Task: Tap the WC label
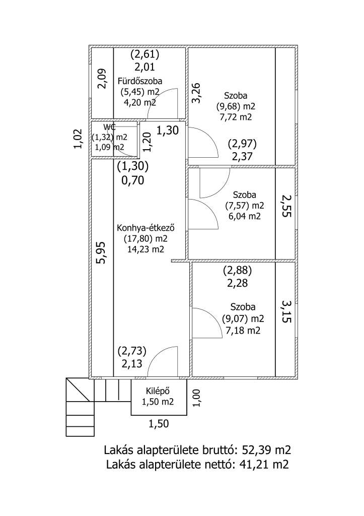(x=110, y=126)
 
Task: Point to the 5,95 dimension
(x=102, y=252)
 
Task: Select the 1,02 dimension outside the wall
(x=78, y=139)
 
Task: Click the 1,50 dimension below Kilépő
(x=159, y=424)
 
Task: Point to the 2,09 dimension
(x=102, y=78)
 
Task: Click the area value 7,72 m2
(x=236, y=117)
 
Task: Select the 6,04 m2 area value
(x=244, y=216)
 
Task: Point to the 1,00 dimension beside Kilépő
(x=197, y=397)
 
